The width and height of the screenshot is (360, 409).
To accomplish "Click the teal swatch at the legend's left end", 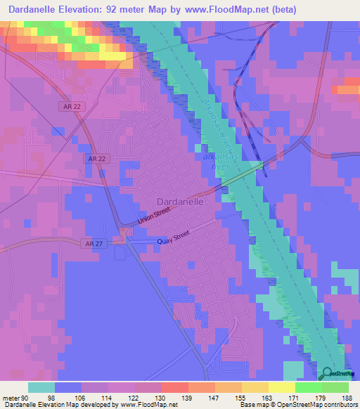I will coord(41,387).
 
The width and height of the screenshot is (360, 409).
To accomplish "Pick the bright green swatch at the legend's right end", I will coord(335,387).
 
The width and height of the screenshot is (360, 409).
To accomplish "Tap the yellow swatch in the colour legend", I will coord(281,387).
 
